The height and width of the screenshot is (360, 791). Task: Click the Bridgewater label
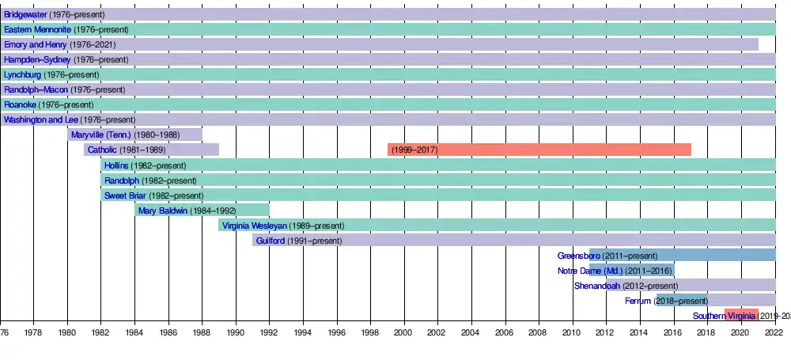25,15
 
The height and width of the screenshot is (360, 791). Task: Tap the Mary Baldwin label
163,210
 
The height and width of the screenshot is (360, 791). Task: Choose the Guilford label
271,241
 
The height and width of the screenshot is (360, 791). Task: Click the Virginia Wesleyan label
255,225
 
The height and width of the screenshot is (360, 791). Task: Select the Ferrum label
637,301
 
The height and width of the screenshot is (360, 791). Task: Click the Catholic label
102,150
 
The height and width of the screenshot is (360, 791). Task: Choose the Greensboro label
578,256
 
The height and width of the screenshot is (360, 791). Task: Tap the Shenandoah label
596,286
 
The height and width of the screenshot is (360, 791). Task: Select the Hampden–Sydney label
37,60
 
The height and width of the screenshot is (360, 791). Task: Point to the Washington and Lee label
41,120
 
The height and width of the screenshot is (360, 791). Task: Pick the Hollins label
117,165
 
